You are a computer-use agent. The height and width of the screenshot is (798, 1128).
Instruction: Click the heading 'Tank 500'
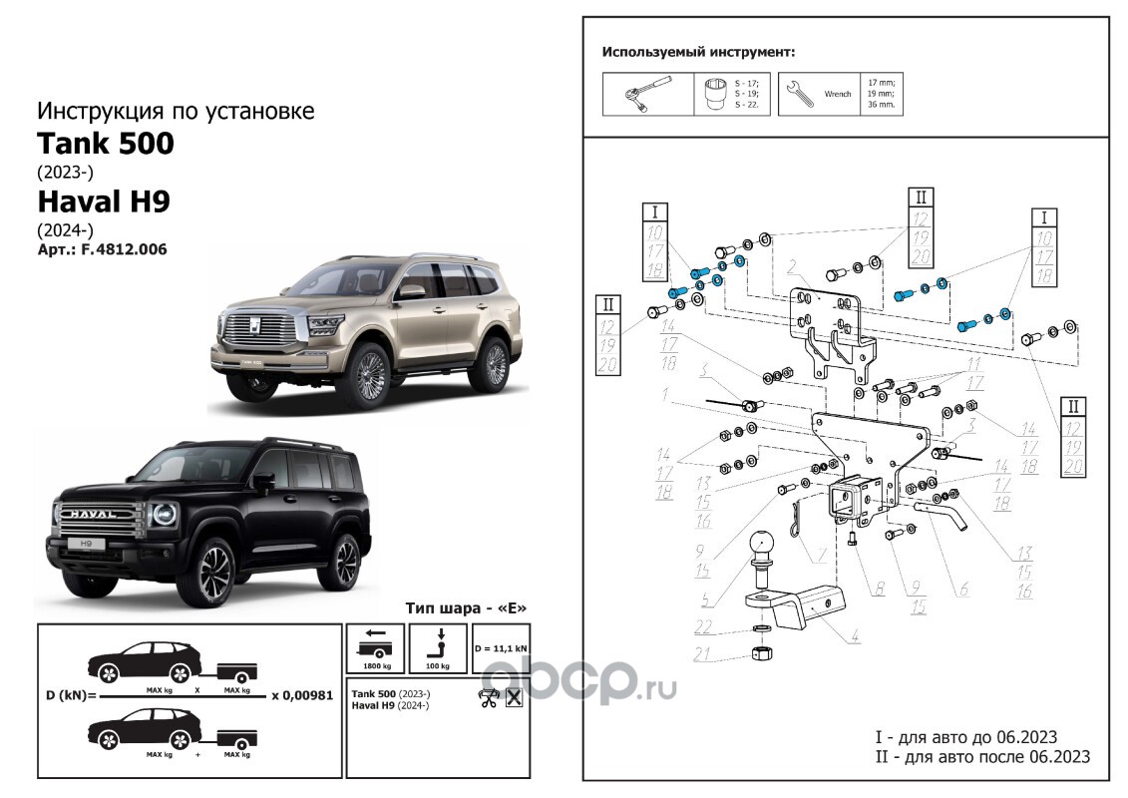(x=106, y=144)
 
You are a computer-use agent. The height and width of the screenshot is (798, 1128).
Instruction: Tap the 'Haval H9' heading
(x=104, y=201)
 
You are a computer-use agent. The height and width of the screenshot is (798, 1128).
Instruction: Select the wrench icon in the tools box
(x=799, y=93)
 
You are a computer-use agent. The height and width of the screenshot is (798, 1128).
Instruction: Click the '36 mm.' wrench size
(x=881, y=105)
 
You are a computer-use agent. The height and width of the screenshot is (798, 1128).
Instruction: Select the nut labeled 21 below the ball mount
(x=762, y=656)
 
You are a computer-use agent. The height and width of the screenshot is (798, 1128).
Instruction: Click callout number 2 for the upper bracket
(x=789, y=266)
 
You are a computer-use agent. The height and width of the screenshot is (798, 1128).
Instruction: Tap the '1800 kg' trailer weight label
(x=374, y=664)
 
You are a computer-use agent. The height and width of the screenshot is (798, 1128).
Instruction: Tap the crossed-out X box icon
(x=514, y=697)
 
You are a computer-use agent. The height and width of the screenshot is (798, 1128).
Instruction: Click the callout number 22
(x=705, y=625)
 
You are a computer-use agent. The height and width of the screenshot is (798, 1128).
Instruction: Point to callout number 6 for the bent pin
(x=964, y=588)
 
